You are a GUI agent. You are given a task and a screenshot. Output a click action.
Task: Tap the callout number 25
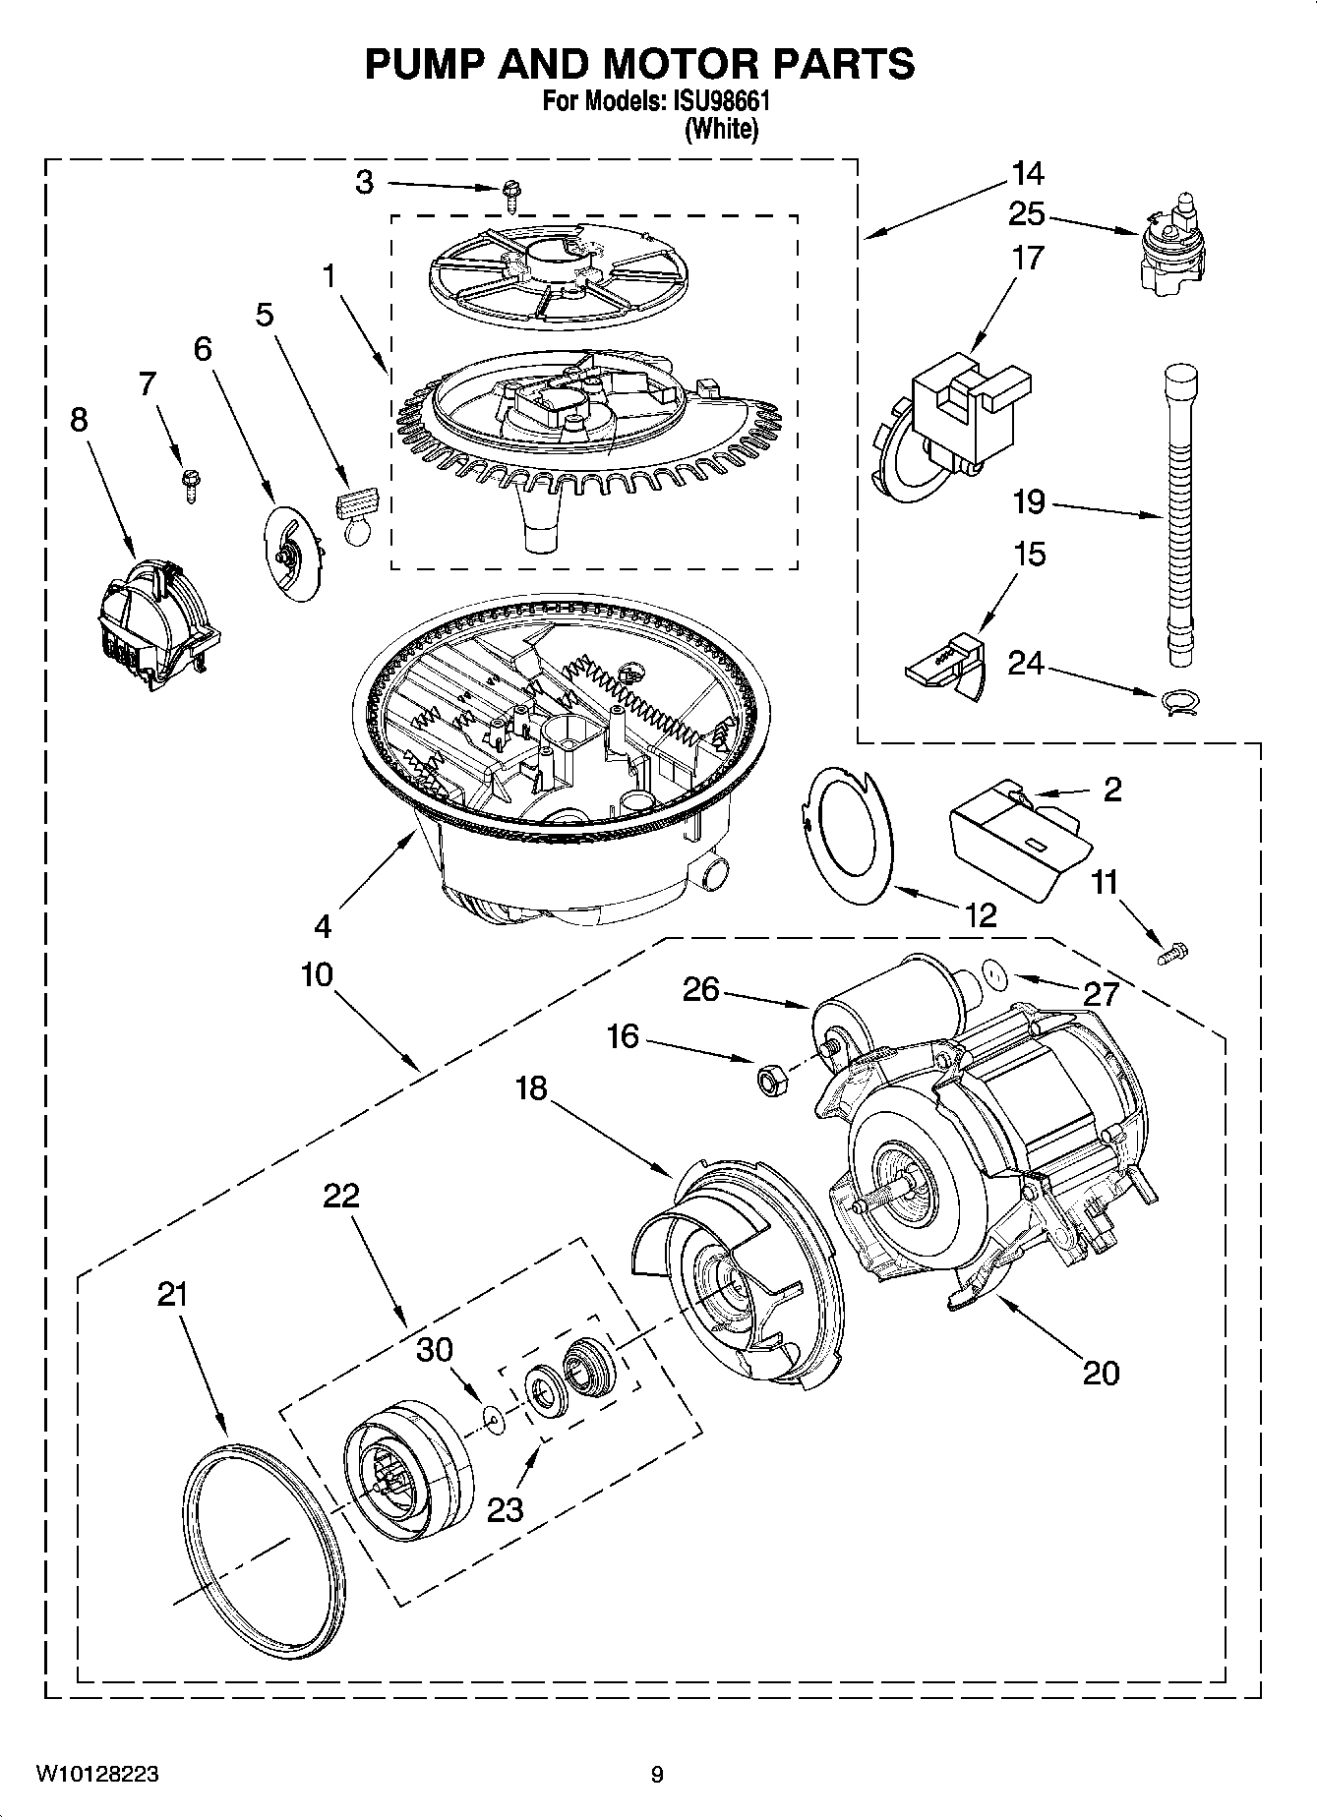(x=1027, y=214)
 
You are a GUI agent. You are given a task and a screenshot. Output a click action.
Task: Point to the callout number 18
(x=530, y=1088)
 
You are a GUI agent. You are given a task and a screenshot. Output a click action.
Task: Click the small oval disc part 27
(x=997, y=975)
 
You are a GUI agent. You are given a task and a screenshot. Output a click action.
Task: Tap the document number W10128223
(x=97, y=1774)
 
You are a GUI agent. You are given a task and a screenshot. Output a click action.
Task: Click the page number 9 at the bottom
(x=657, y=1774)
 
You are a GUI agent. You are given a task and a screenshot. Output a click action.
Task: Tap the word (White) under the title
(x=722, y=129)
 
